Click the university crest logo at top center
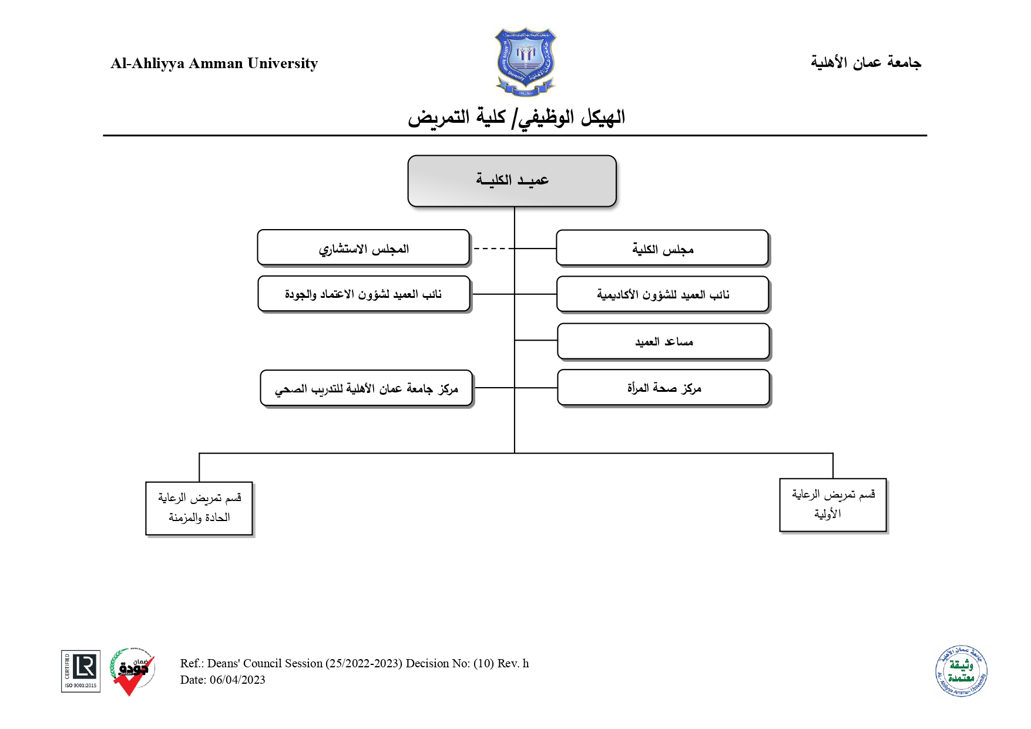click(x=525, y=62)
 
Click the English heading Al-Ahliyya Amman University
click(x=214, y=63)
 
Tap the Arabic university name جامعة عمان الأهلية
click(x=865, y=62)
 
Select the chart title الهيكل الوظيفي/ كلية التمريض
click(x=516, y=117)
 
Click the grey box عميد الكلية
click(x=512, y=181)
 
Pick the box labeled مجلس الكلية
click(x=662, y=248)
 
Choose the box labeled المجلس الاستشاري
click(x=363, y=248)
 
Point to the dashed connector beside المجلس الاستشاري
click(x=492, y=248)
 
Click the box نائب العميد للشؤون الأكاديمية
click(x=663, y=294)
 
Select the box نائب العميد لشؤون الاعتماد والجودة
click(x=364, y=294)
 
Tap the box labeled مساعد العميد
click(x=663, y=341)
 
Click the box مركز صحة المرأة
click(x=663, y=388)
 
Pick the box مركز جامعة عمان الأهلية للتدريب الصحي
click(x=366, y=388)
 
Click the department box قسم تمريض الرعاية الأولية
click(x=832, y=505)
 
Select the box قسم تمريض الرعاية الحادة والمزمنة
click(x=199, y=508)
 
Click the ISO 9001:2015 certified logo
click(x=80, y=671)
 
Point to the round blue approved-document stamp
click(x=961, y=671)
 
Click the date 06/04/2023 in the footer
click(x=237, y=680)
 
